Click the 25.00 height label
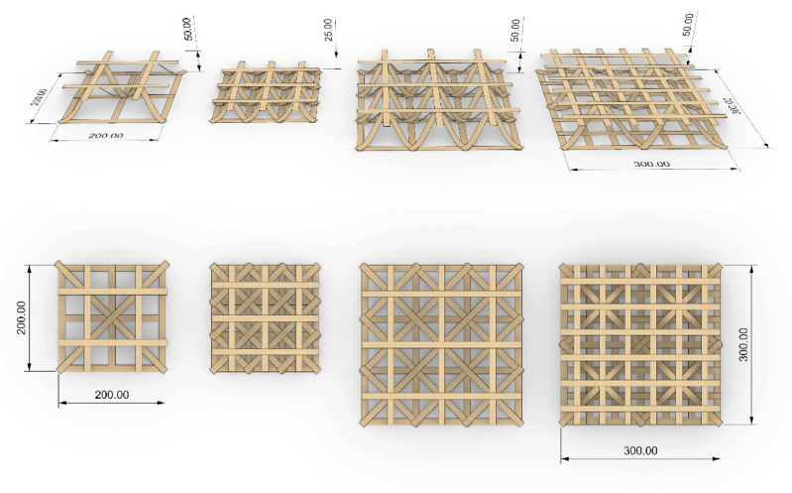click(328, 29)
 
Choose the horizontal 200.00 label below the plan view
click(111, 395)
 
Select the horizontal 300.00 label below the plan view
click(640, 450)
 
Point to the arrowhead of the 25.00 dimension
click(338, 58)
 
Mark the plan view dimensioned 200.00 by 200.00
click(111, 317)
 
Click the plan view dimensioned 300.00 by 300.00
click(640, 343)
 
